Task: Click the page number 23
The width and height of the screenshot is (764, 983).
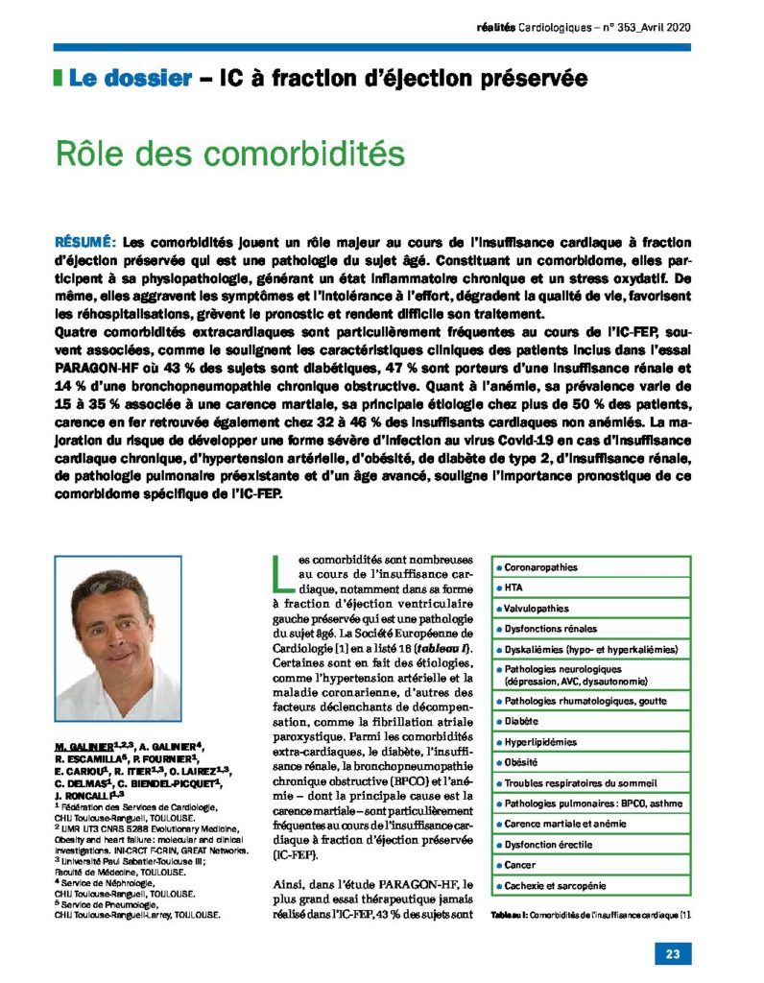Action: [670, 953]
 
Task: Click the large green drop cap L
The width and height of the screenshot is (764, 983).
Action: [278, 573]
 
